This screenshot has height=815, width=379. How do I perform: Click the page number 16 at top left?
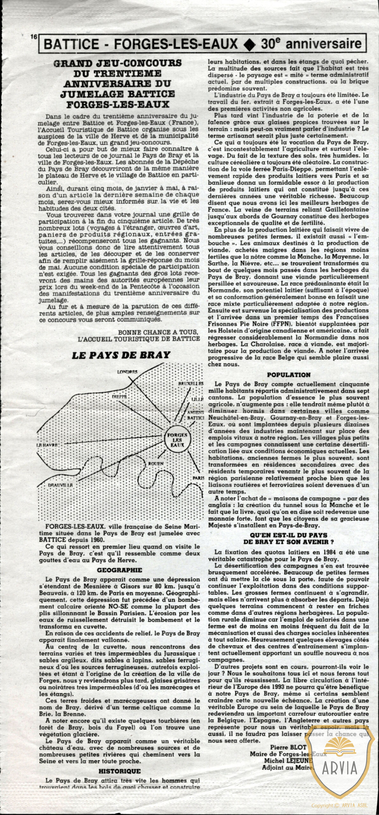(33, 37)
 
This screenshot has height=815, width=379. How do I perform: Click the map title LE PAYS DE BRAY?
(121, 355)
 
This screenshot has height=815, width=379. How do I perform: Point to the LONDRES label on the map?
(127, 372)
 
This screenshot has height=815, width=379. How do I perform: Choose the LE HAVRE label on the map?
(46, 445)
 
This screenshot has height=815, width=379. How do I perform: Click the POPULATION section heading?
(288, 375)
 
